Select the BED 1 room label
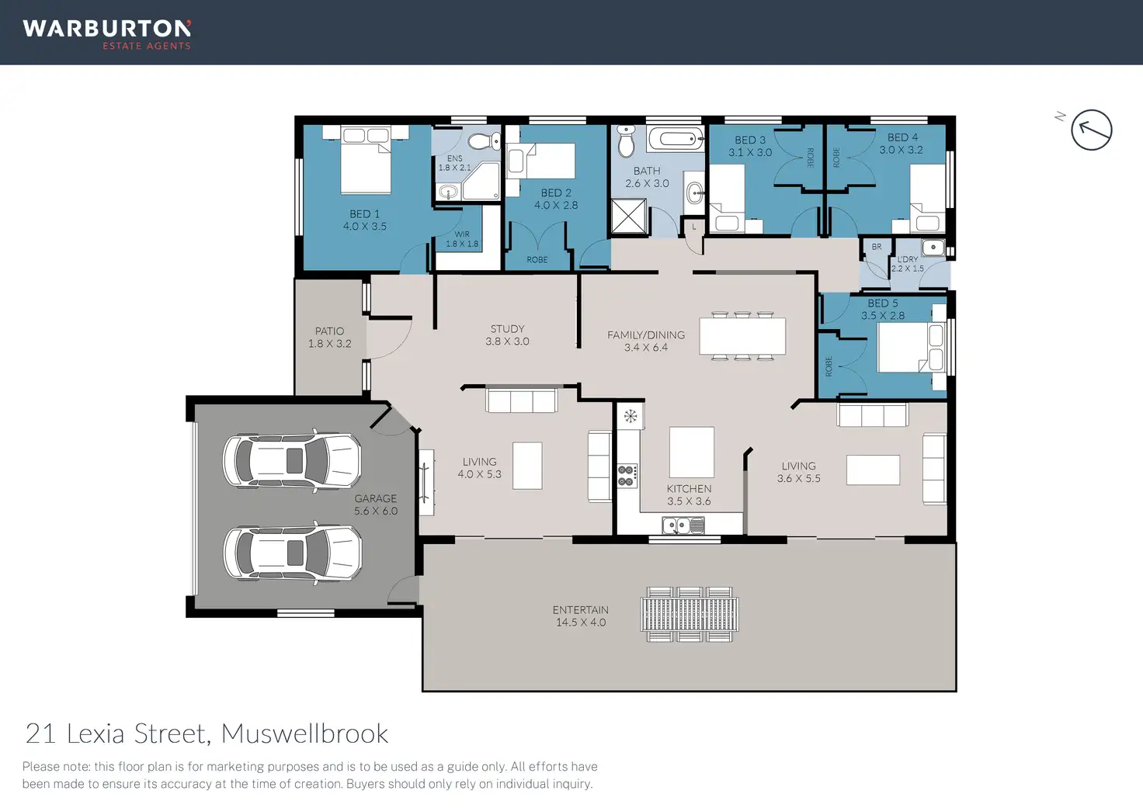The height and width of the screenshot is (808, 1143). click(x=364, y=220)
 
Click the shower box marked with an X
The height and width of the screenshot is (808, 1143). click(x=629, y=217)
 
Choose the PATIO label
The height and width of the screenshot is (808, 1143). click(x=330, y=337)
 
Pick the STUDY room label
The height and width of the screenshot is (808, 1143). click(x=507, y=335)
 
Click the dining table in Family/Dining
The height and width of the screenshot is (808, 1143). click(x=742, y=336)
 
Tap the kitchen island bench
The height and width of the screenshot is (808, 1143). click(x=691, y=453)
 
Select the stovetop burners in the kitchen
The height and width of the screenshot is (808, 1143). click(x=627, y=476)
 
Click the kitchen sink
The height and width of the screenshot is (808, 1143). click(x=683, y=525)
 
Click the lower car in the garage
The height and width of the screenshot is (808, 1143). click(x=293, y=553)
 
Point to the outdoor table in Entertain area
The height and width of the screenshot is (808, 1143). click(x=690, y=614)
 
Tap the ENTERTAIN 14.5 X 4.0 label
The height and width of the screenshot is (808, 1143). click(x=581, y=616)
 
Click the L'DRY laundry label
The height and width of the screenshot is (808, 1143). click(x=907, y=264)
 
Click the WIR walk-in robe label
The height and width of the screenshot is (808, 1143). click(x=462, y=239)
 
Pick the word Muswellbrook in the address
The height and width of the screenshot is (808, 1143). click(x=304, y=733)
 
